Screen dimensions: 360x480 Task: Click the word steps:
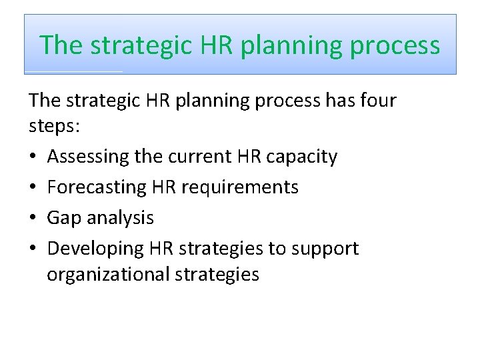pyautogui.click(x=55, y=127)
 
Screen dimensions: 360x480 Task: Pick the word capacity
pyautogui.click(x=304, y=157)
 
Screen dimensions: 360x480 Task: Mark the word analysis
pyautogui.click(x=121, y=218)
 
